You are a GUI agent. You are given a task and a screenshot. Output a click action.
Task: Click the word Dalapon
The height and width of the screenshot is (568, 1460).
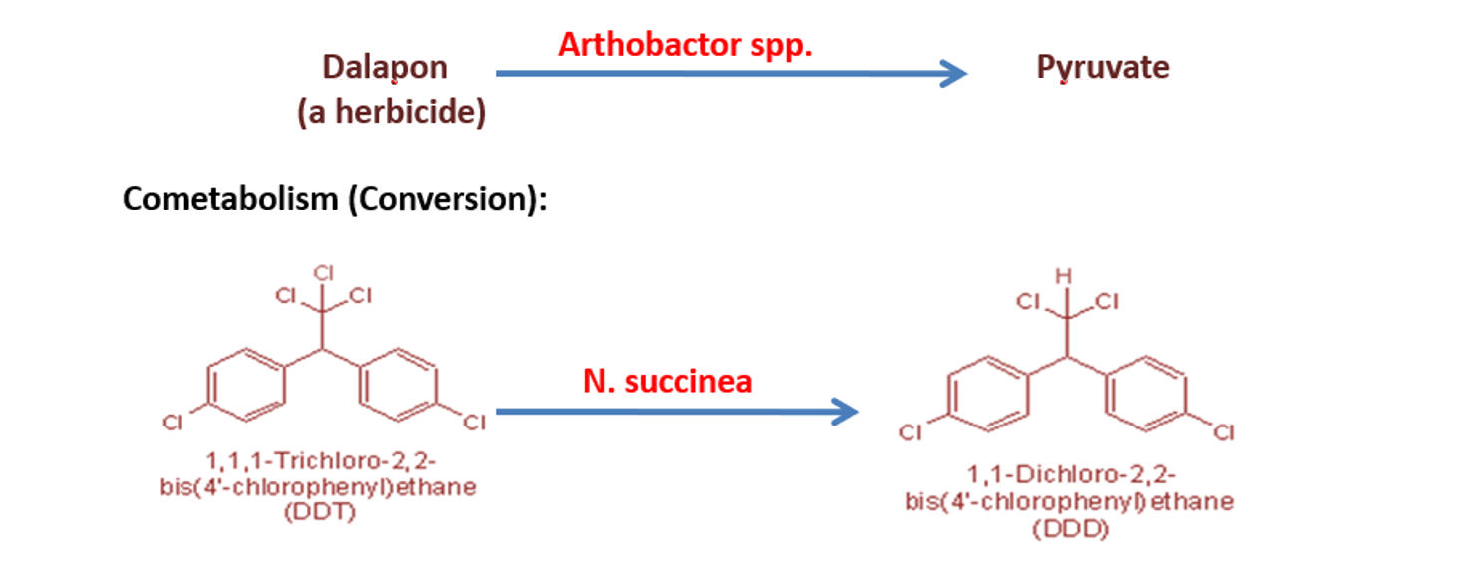coord(384,67)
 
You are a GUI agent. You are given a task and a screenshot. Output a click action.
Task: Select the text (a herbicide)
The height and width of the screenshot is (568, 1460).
coord(391,112)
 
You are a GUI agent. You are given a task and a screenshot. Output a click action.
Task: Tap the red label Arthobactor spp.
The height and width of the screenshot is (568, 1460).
coord(686,45)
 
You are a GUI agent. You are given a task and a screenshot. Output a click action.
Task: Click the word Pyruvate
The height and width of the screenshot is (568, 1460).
coord(1102,67)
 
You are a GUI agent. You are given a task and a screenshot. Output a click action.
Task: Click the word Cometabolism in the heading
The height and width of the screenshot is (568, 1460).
coord(230,199)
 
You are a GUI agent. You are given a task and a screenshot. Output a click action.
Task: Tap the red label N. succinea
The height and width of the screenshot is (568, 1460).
coord(667,381)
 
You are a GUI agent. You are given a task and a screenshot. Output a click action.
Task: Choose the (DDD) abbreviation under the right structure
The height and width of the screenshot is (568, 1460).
coord(1068,529)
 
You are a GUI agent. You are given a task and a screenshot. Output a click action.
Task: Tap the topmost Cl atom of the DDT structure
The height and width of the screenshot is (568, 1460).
coord(322,272)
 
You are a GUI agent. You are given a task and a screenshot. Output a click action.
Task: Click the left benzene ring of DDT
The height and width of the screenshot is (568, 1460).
coord(246,384)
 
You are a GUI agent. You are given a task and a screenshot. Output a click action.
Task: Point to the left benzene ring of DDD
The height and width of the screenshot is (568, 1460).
coord(989,399)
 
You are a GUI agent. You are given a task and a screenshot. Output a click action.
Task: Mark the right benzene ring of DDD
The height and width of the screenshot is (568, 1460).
coord(1144,399)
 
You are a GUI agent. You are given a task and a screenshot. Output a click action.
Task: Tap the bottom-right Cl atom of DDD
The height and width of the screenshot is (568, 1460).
coord(1224,432)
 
